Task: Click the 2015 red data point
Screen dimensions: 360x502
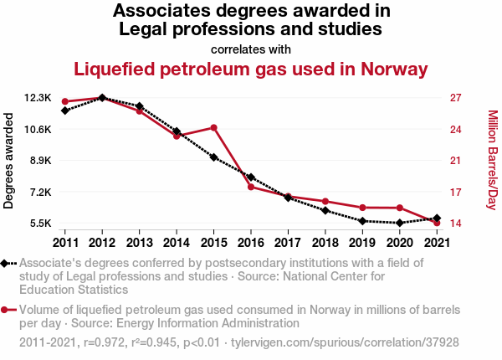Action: pyautogui.click(x=214, y=127)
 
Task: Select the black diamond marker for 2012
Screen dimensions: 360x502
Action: pyautogui.click(x=102, y=98)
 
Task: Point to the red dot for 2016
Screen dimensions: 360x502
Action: pyautogui.click(x=251, y=187)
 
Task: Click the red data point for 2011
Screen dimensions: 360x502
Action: pyautogui.click(x=65, y=102)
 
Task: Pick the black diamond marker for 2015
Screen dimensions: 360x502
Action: pyautogui.click(x=214, y=157)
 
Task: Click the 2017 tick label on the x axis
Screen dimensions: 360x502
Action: pyautogui.click(x=288, y=243)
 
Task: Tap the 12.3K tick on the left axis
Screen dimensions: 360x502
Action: pyautogui.click(x=39, y=98)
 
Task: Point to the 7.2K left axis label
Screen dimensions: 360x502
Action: pyautogui.click(x=39, y=193)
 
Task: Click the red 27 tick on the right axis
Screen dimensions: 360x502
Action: pyautogui.click(x=455, y=98)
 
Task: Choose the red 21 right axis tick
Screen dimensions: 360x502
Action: pyautogui.click(x=455, y=161)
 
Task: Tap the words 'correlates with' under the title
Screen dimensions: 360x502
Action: pyautogui.click(x=251, y=49)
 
